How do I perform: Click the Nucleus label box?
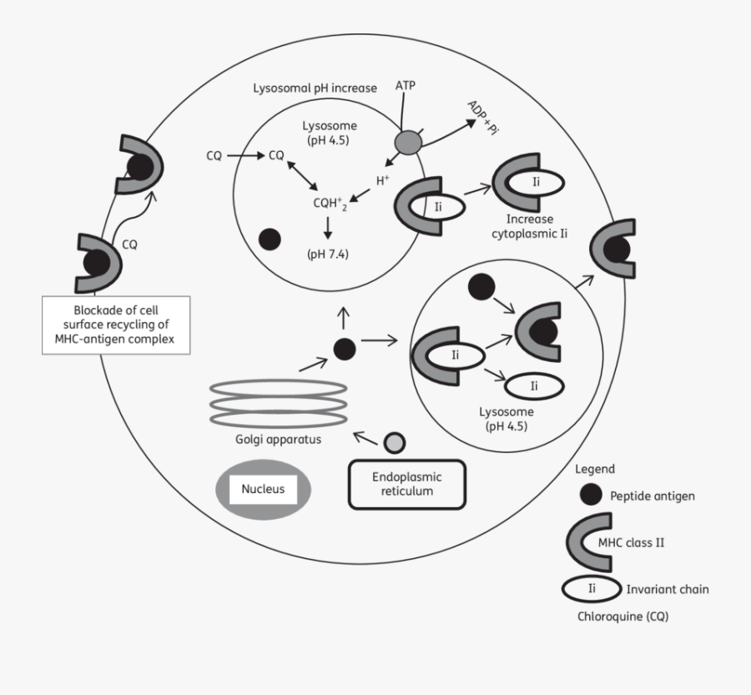click(263, 489)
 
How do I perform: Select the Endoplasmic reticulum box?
click(406, 484)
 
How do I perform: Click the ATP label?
click(406, 87)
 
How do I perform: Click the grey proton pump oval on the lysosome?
click(409, 143)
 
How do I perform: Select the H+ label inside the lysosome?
click(382, 179)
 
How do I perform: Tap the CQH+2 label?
click(328, 202)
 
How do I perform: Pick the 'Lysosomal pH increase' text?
click(315, 88)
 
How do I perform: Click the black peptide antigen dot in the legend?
click(590, 495)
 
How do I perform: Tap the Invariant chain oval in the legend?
click(591, 589)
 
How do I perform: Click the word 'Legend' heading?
click(595, 470)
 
